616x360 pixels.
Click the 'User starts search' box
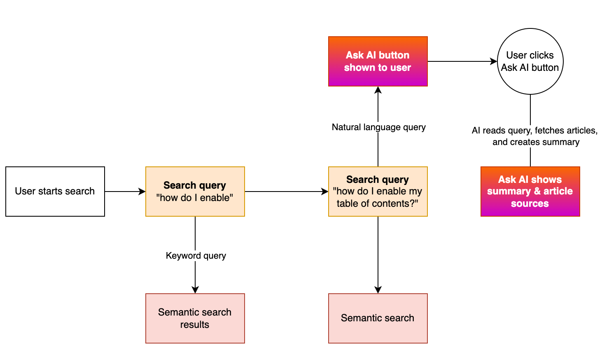click(x=55, y=192)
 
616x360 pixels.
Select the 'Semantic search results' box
click(x=195, y=318)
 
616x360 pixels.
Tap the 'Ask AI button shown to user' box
click(x=378, y=61)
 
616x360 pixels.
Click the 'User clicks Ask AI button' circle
click(x=530, y=61)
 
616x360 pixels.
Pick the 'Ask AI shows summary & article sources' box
click(x=530, y=192)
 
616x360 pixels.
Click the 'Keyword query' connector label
click(x=196, y=256)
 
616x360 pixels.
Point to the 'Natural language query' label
click(x=378, y=127)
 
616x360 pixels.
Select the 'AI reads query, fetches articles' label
click(x=534, y=131)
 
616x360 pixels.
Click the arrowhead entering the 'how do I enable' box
click(x=142, y=192)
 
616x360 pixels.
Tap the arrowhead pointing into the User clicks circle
click(x=494, y=61)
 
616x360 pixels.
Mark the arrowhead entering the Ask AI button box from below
click(x=378, y=90)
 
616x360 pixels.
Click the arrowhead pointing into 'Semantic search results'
click(x=195, y=290)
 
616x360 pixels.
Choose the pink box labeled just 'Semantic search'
click(x=378, y=318)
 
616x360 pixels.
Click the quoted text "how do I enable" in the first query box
click(x=195, y=198)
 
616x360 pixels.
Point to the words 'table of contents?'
click(x=377, y=203)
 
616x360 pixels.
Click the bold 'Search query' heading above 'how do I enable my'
click(x=377, y=180)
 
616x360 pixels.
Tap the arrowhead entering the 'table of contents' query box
click(x=325, y=192)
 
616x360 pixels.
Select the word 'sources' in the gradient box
click(x=530, y=203)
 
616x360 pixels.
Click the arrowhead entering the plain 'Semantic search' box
click(x=378, y=290)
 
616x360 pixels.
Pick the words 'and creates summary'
click(x=536, y=142)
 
